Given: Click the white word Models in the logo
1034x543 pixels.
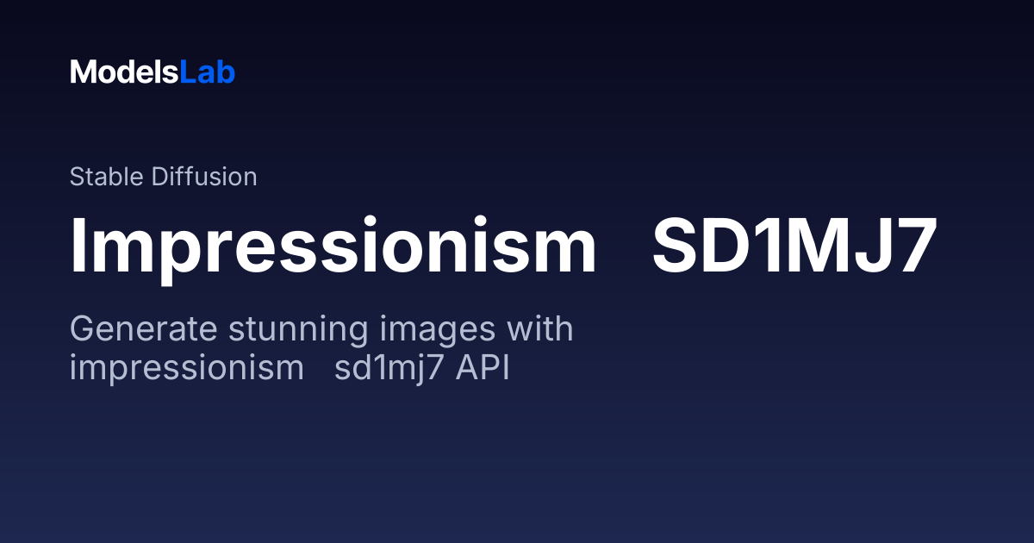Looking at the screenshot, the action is (124, 72).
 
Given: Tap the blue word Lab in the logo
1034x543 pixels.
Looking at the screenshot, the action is (208, 72).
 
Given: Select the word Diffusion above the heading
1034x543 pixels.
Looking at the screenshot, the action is (204, 177).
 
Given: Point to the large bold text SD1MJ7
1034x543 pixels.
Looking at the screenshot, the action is (794, 246).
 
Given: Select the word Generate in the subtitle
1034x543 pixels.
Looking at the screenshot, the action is (144, 329).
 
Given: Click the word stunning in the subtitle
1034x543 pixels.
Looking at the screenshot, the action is (298, 329).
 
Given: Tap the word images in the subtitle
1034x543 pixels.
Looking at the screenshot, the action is (438, 329).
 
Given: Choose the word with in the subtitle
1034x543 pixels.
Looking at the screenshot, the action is (540, 328).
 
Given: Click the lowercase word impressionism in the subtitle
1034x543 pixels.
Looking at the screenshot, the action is (186, 369).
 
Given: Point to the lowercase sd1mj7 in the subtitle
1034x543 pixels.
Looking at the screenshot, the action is (389, 369).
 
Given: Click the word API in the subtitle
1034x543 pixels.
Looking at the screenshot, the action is (483, 367).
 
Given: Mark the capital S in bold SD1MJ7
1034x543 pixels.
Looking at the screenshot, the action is (673, 246).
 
